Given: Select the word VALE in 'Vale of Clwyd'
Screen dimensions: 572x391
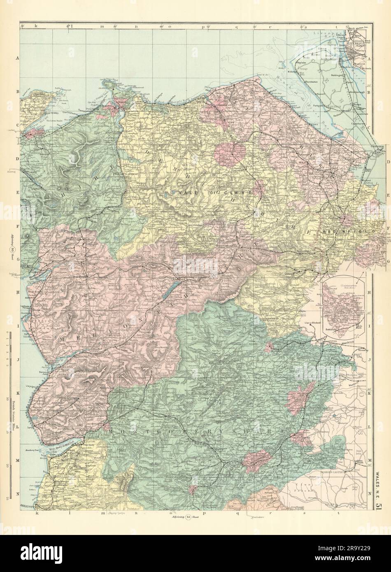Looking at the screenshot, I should (184, 192).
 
